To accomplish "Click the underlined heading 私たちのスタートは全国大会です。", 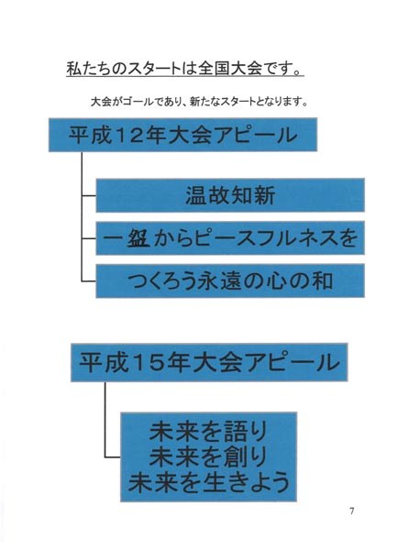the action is (x=185, y=69).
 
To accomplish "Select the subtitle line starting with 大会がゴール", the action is (x=199, y=102).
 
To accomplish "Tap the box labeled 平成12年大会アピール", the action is (x=182, y=135).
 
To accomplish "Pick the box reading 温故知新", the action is (x=230, y=195).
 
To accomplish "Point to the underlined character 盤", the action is (x=138, y=237).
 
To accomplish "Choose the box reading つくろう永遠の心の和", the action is (x=230, y=281).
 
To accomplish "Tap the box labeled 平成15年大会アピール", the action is (x=209, y=362).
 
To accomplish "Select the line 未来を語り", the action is (x=208, y=431).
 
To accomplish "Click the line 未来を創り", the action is (x=208, y=456).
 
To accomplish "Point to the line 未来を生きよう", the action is (x=209, y=482).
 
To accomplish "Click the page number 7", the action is (x=351, y=511).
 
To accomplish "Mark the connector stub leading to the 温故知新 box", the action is (x=89, y=195).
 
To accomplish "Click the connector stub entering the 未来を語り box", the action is (x=113, y=457).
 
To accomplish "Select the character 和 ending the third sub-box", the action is (x=323, y=281).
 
